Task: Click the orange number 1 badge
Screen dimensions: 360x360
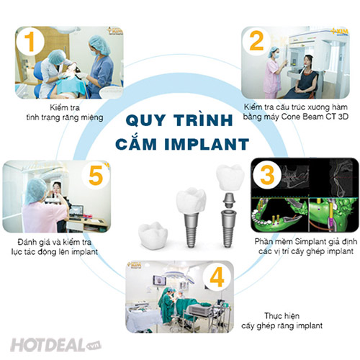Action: tap(30, 42)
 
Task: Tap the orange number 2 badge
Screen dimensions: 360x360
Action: tap(256, 41)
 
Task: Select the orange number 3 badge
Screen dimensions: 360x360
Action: tap(267, 175)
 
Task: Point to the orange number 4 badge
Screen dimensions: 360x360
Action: tap(217, 277)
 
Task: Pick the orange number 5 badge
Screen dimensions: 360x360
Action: tap(96, 176)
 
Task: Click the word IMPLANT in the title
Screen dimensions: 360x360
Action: tap(207, 144)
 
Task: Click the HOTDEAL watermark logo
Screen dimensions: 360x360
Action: tap(55, 345)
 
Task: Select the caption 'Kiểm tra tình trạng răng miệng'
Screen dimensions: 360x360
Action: tap(65, 112)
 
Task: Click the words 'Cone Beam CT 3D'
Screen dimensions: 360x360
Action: tap(315, 117)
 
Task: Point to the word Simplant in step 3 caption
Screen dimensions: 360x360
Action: tap(310, 241)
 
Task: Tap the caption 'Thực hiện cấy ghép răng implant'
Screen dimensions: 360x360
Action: tap(282, 320)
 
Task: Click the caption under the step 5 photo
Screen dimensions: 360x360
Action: tap(55, 247)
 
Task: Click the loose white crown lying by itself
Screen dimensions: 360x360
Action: tap(153, 235)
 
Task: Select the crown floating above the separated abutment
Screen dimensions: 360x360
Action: tap(230, 178)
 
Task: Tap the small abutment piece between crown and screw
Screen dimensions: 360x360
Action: tap(229, 201)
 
